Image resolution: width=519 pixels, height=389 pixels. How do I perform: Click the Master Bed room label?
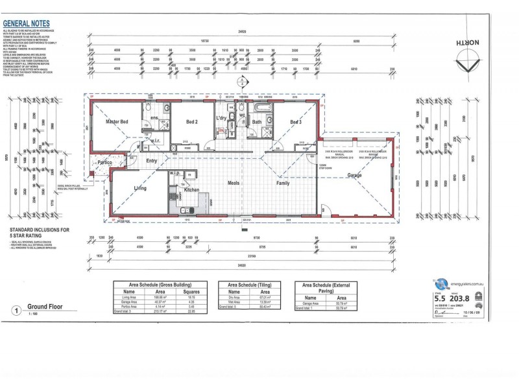coord(114,121)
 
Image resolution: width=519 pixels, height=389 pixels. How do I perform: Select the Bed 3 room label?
coord(296,121)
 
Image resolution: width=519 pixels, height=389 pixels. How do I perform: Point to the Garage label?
coord(354,176)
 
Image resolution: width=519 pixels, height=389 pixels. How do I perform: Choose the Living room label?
coord(140,188)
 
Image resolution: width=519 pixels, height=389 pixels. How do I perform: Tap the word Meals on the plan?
coord(234,183)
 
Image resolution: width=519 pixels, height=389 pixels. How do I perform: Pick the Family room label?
coord(284,183)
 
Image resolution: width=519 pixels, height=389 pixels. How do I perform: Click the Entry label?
coord(152,161)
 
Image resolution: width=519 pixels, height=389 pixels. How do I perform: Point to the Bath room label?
coord(257,121)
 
